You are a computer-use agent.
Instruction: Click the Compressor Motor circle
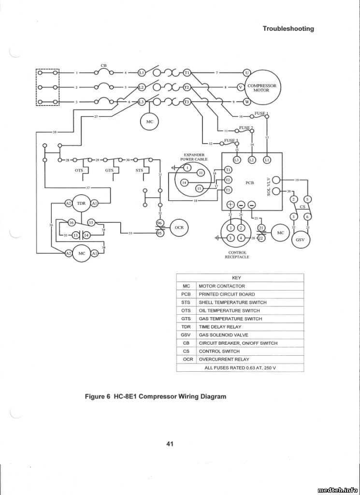(261, 87)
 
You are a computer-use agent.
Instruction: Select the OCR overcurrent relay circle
(178, 228)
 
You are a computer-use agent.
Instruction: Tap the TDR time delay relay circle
(81, 204)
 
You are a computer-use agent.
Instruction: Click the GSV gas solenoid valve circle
(300, 239)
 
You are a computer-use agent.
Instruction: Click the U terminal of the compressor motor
(246, 73)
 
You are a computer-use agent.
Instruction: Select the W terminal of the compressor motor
(246, 102)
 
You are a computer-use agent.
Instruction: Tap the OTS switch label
(79, 170)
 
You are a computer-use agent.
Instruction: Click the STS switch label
(139, 170)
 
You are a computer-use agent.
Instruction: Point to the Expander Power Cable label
(194, 157)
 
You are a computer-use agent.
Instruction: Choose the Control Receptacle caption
(237, 255)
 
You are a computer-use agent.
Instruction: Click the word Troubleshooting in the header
(288, 29)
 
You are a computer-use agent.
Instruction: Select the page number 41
(170, 443)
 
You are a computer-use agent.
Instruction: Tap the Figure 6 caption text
(156, 396)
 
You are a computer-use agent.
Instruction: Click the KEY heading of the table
(236, 278)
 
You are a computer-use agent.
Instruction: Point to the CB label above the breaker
(103, 65)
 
